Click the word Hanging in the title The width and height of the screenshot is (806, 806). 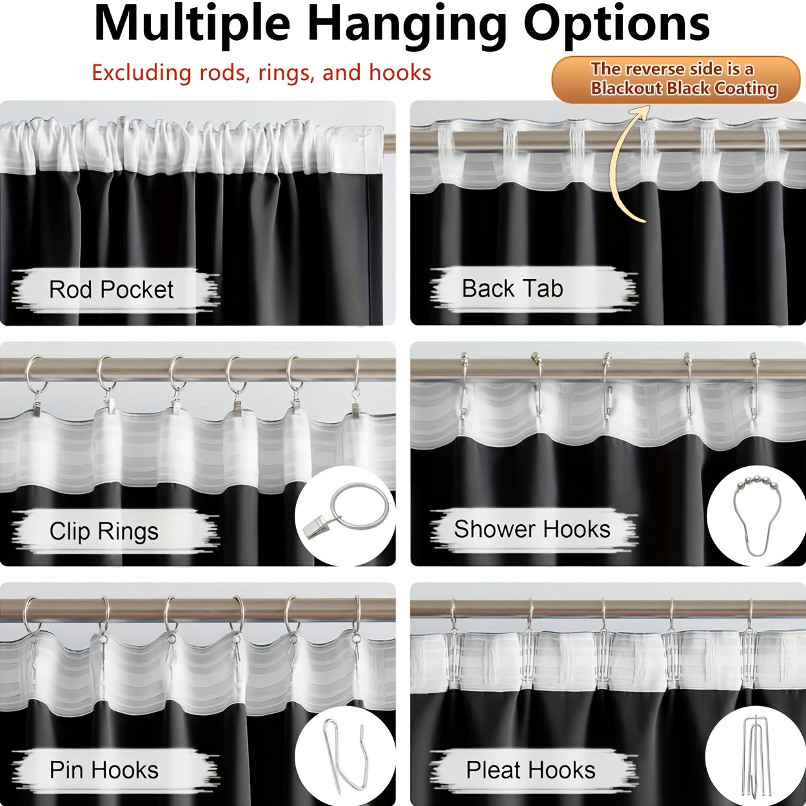(x=407, y=26)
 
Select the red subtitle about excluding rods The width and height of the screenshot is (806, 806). (x=261, y=73)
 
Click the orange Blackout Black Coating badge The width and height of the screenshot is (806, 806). (x=676, y=79)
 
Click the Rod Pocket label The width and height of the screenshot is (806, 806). (x=112, y=290)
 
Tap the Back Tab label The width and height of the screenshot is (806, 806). (x=513, y=289)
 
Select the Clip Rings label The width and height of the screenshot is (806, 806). (x=104, y=531)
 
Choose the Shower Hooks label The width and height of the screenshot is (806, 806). (x=532, y=529)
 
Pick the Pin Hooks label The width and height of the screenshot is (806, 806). (x=104, y=770)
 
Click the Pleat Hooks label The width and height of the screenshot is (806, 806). (x=531, y=770)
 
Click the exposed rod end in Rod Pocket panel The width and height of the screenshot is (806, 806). (x=389, y=143)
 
